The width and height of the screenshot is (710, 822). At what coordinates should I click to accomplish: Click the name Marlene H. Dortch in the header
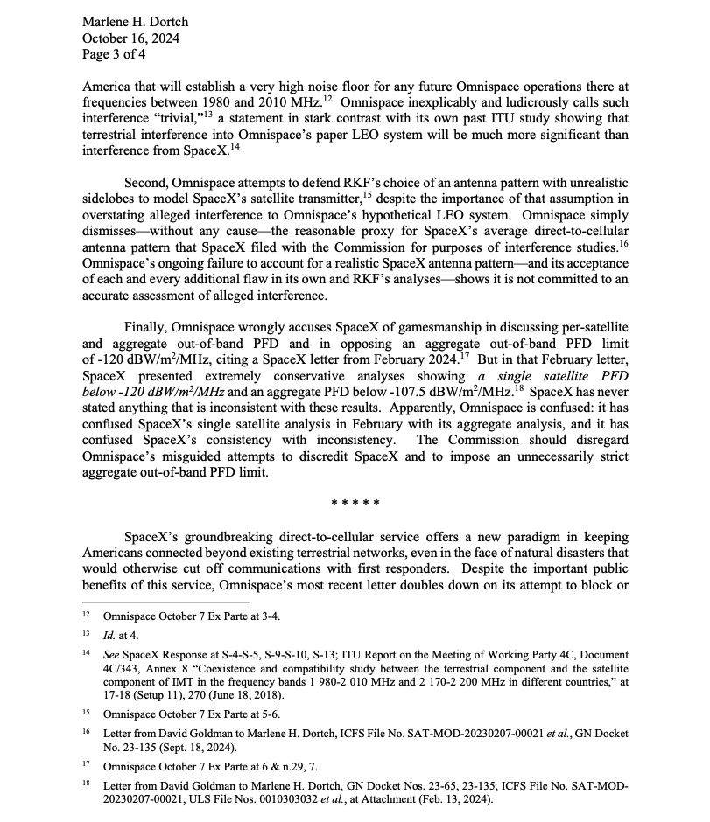tap(135, 21)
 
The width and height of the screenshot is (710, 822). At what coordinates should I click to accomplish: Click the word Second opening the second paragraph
tap(147, 182)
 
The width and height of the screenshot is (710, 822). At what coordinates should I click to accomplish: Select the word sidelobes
tap(113, 199)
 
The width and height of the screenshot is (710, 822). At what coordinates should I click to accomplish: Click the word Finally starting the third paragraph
tap(146, 325)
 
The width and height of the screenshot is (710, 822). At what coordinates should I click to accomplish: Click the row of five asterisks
tap(355, 503)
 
